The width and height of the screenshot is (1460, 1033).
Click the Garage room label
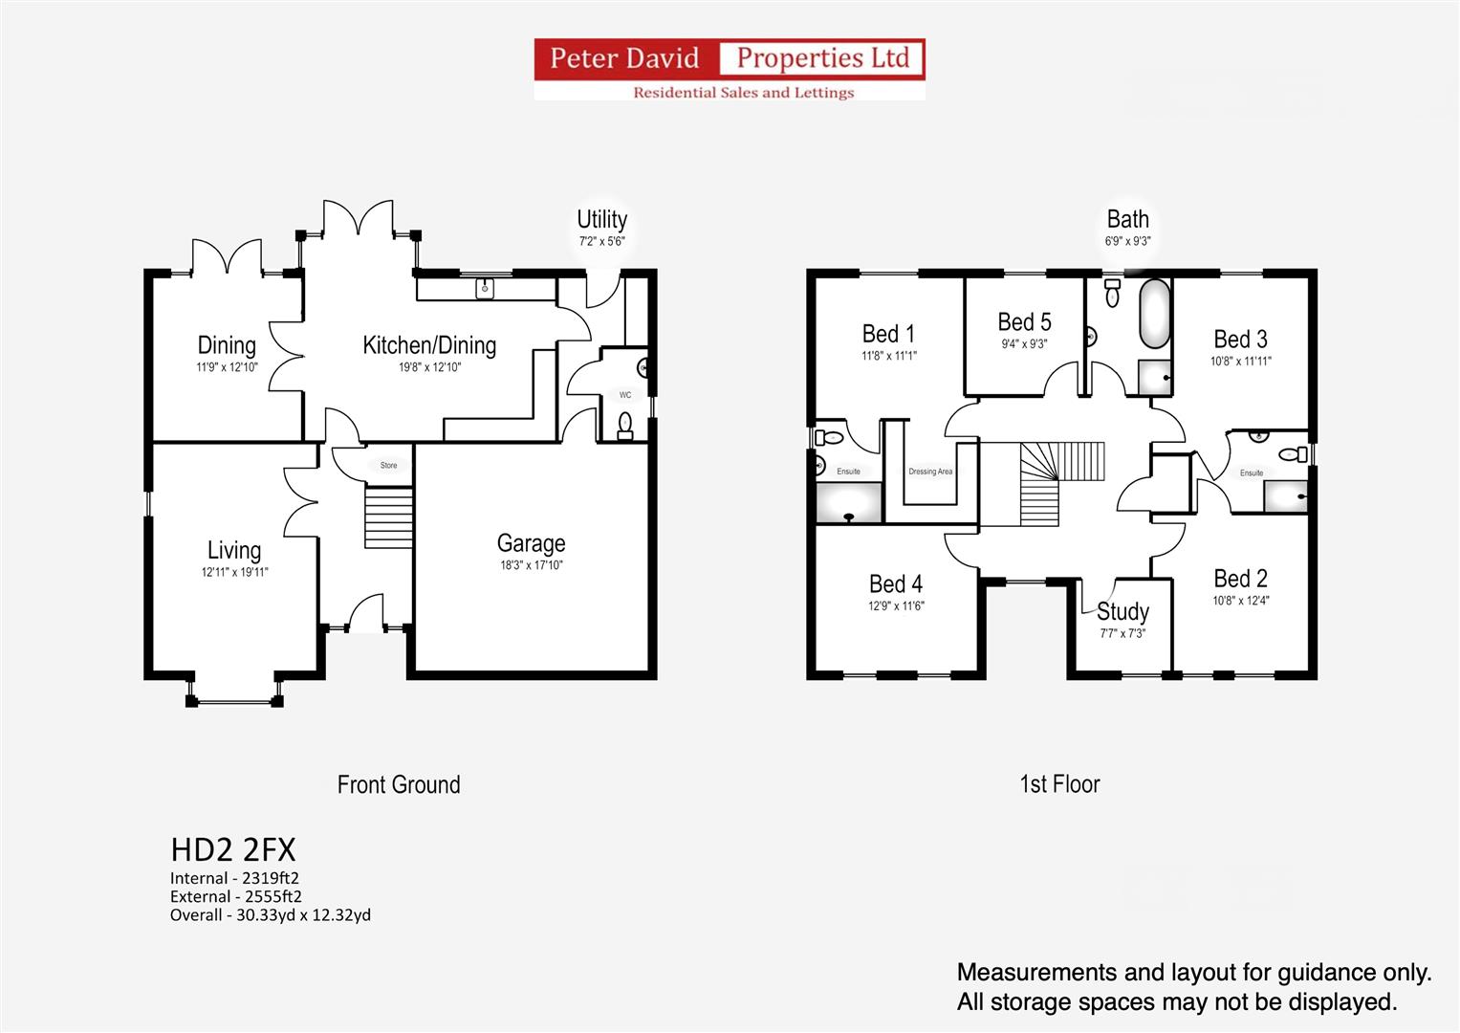click(531, 543)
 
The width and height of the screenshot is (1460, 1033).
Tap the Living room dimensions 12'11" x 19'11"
click(234, 572)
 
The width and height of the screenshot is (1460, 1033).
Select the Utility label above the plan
click(601, 220)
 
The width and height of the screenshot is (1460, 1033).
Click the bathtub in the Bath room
click(1154, 314)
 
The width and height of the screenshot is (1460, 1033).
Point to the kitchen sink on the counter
click(486, 287)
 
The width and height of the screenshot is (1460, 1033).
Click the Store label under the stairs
click(388, 466)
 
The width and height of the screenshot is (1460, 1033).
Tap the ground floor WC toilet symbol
click(625, 424)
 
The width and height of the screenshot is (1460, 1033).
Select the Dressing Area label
click(929, 472)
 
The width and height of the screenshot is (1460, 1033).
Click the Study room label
click(1122, 611)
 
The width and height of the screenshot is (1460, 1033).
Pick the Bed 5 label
click(1024, 322)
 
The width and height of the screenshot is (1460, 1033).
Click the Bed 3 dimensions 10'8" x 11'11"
click(1240, 362)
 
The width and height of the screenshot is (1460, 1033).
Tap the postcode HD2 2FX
click(233, 849)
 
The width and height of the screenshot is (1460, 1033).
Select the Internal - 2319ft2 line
click(234, 878)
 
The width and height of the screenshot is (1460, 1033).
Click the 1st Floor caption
click(1059, 784)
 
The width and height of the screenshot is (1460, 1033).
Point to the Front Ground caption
click(399, 785)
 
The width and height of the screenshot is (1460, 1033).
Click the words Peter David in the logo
click(624, 58)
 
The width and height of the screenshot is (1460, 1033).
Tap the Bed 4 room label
click(895, 583)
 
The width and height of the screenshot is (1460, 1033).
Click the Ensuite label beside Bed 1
click(848, 472)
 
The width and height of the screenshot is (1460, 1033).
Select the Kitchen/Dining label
click(429, 345)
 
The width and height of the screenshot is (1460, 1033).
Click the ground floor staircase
click(388, 517)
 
